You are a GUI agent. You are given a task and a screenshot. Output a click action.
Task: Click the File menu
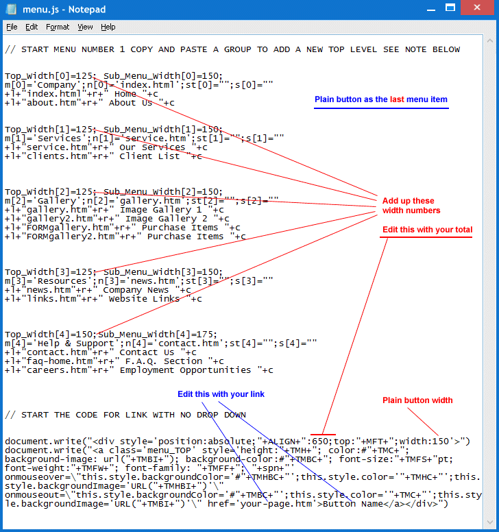12,27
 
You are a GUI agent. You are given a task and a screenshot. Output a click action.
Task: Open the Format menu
58,27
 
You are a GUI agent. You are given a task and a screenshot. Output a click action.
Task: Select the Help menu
108,27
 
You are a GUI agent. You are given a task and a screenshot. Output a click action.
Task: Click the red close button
477,8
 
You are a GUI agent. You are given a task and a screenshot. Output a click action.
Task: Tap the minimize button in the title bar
431,8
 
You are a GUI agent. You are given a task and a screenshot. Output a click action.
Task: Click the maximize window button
450,8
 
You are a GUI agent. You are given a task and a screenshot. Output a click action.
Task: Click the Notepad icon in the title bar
11,9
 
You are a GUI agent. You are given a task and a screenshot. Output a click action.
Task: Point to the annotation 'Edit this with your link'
221,394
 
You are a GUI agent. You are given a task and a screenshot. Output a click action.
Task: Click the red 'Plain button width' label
417,400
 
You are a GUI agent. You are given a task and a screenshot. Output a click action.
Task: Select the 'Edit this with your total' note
428,230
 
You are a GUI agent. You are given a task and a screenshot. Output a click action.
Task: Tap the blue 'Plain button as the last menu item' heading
381,99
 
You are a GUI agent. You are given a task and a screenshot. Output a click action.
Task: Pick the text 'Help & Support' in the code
75,343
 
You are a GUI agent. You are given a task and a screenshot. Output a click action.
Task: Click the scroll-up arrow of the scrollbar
490,40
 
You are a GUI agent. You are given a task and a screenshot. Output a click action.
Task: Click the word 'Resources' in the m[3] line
62,281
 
